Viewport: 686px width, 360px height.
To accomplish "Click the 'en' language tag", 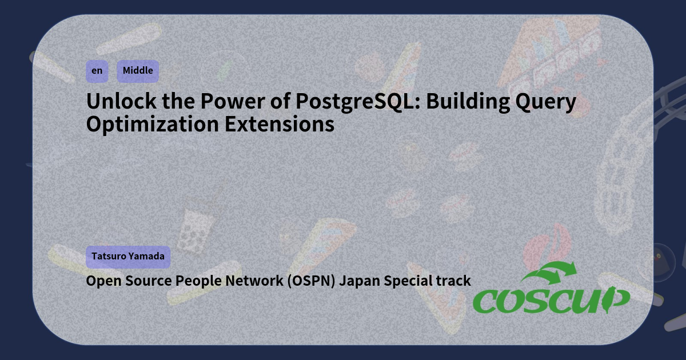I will pyautogui.click(x=97, y=71).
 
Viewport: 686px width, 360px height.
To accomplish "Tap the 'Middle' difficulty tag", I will pyautogui.click(x=138, y=71).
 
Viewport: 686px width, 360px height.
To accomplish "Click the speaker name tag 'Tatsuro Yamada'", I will pyautogui.click(x=128, y=257).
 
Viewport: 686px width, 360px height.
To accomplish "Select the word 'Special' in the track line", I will pyautogui.click(x=408, y=281).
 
